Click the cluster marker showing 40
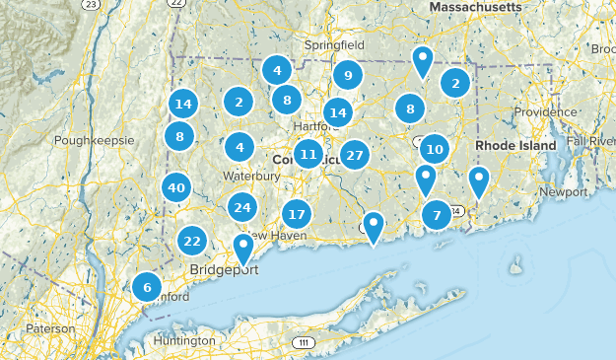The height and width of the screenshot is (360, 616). [176, 187]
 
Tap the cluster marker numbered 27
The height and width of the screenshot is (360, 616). [355, 155]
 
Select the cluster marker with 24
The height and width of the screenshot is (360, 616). [242, 207]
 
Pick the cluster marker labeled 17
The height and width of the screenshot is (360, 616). [297, 214]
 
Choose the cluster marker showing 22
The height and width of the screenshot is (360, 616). [192, 241]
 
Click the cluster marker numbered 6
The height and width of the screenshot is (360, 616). [147, 288]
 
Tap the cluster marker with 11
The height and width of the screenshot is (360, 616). [308, 154]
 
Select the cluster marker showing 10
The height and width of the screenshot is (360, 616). [435, 150]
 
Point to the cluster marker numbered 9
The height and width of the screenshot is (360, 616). [347, 75]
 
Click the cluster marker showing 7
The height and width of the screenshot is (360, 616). [437, 214]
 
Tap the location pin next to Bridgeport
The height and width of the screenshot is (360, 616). [243, 248]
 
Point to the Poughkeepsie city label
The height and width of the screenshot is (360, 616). [94, 140]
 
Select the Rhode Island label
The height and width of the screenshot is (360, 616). [517, 145]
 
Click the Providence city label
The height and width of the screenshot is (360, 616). [544, 111]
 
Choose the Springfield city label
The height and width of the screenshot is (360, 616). [335, 45]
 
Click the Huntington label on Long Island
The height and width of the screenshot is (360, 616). [184, 341]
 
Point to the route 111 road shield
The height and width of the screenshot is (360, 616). [303, 342]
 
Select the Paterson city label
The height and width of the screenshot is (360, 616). [49, 327]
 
